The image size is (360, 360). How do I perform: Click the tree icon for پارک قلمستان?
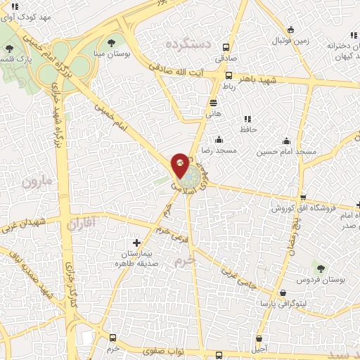point(10,49)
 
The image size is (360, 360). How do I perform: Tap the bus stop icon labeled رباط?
point(228,76)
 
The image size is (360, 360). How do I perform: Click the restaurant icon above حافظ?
point(247,119)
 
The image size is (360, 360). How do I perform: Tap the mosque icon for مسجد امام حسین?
point(285,139)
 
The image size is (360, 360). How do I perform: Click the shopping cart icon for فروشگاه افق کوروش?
point(302,198)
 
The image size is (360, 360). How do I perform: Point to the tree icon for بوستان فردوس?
point(321,269)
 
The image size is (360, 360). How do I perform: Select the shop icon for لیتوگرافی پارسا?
point(282,293)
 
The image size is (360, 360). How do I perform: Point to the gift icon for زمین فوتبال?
point(291,30)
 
